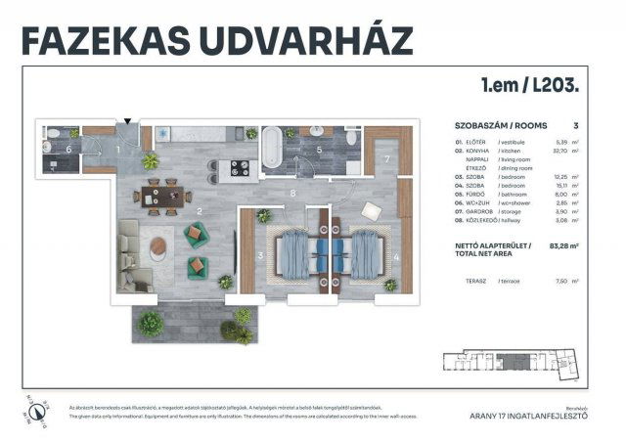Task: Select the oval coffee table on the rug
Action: point(159,249)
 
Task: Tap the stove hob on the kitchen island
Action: point(235,169)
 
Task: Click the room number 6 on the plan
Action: point(67,150)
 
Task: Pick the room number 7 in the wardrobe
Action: point(386,158)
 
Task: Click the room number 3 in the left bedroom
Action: point(260,256)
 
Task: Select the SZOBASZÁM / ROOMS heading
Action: point(501,126)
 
